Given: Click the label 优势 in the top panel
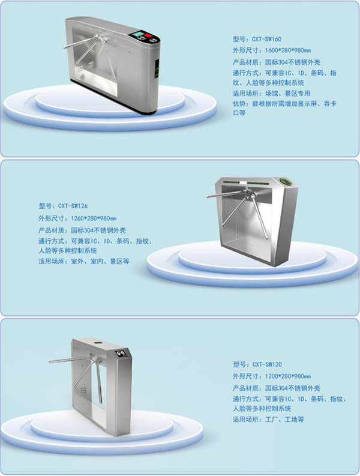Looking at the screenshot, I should pos(239,104).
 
